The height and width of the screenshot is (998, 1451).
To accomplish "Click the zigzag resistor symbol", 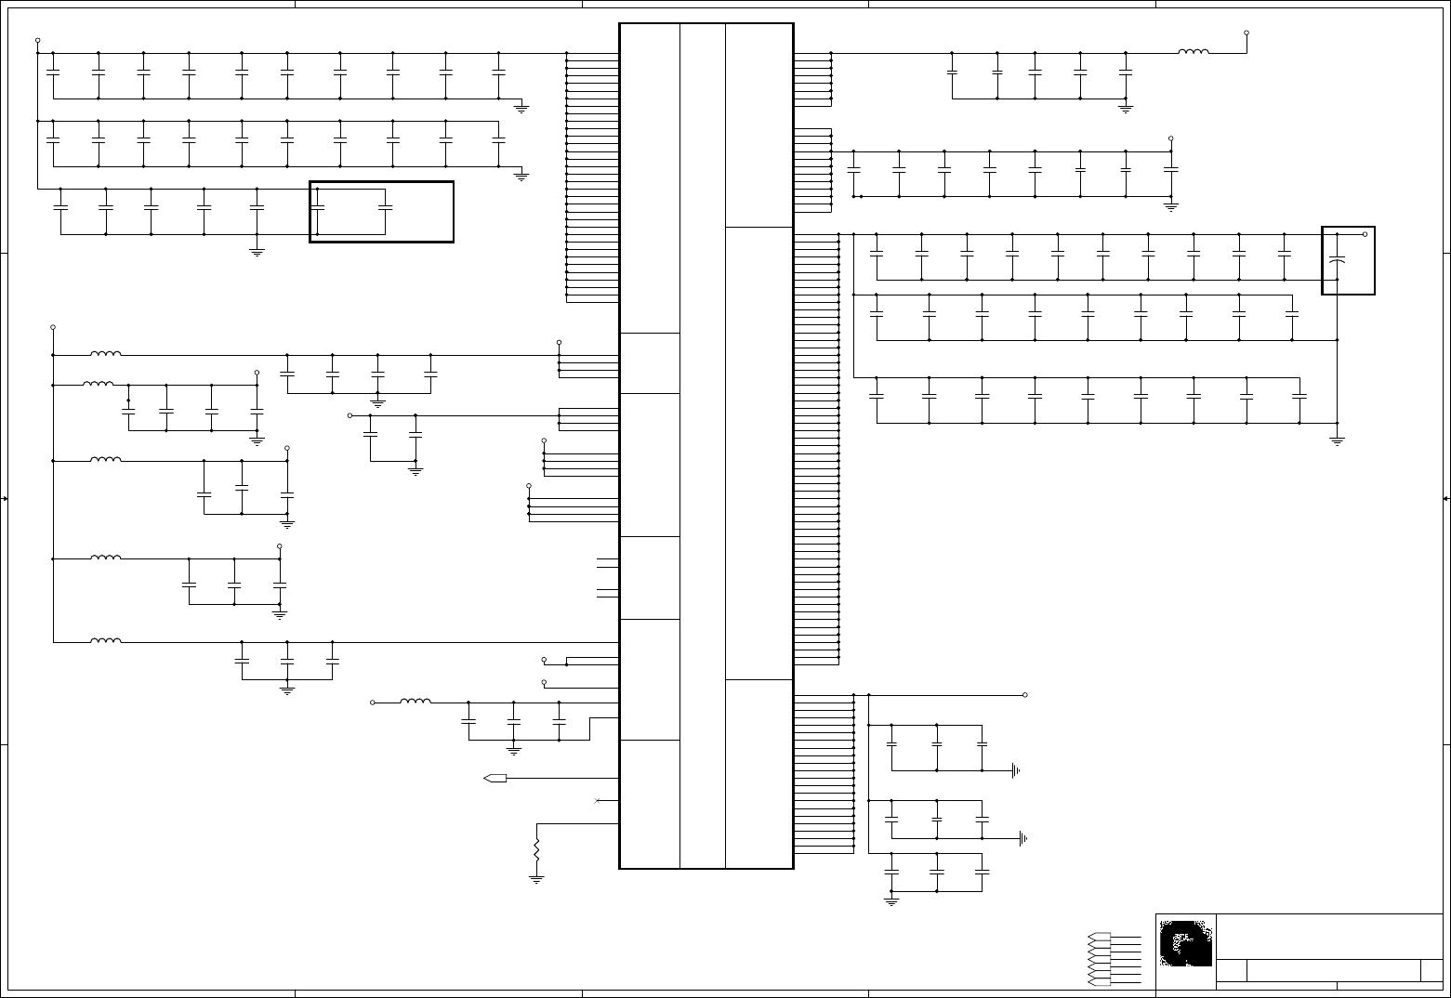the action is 536,848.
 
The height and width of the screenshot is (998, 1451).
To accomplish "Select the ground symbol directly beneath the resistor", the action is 536,877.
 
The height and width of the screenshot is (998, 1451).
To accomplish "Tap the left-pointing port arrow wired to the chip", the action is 495,778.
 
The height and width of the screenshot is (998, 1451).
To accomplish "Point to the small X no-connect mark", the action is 597,800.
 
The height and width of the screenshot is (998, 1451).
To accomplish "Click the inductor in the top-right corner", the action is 1194,52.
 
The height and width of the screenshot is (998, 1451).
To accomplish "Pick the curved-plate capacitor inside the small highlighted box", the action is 1337,262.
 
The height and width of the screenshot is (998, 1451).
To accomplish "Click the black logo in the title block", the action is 1186,943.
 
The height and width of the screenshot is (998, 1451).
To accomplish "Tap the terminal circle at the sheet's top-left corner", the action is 37,40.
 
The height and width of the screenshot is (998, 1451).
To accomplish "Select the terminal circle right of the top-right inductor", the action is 1247,33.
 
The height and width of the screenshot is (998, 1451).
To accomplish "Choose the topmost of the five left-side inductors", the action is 105,353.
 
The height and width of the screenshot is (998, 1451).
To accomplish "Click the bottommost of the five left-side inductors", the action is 105,640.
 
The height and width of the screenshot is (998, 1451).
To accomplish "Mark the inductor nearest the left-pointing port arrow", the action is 416,702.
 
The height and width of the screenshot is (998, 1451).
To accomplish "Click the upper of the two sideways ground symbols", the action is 1016,770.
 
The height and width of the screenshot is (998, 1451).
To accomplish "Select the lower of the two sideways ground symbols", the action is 1022,838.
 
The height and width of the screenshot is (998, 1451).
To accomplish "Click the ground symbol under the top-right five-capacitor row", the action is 1126,109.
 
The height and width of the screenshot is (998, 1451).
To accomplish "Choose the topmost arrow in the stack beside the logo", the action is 1099,937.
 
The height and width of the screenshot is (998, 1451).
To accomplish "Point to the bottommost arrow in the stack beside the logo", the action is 1099,981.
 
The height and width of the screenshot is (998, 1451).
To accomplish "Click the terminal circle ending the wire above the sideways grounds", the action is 1025,695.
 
